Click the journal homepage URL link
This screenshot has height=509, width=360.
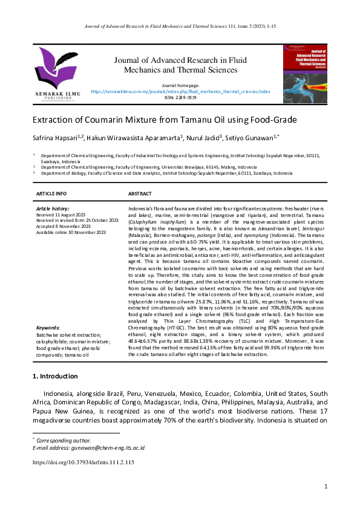click(x=180, y=91)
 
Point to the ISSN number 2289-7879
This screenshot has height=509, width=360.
click(x=180, y=97)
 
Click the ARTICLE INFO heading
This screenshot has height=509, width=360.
click(x=51, y=193)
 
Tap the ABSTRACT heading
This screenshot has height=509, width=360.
click(x=140, y=193)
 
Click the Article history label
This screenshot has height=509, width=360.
click(x=53, y=209)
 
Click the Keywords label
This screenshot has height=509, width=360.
click(x=48, y=328)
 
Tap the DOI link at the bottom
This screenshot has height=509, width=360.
click(x=83, y=462)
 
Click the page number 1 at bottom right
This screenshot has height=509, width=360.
click(x=326, y=487)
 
